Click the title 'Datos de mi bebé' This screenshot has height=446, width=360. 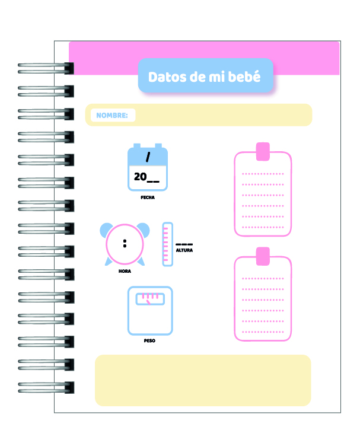[205, 77]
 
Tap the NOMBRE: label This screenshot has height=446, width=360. [112, 115]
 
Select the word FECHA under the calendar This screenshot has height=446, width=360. [148, 197]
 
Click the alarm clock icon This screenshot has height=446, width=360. [125, 244]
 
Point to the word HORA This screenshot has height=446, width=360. [125, 271]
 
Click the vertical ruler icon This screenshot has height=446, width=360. [167, 244]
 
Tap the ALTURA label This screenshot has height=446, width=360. [184, 250]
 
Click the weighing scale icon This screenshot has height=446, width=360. [150, 311]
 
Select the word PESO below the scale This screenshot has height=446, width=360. [149, 341]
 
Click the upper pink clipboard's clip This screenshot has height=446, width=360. [262, 151]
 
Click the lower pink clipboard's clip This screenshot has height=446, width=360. [262, 257]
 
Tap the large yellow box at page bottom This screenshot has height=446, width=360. [203, 380]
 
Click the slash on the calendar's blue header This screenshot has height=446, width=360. [148, 157]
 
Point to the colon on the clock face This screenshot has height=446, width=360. [125, 243]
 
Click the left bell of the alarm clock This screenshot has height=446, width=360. [107, 230]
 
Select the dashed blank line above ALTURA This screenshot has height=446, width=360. [184, 244]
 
